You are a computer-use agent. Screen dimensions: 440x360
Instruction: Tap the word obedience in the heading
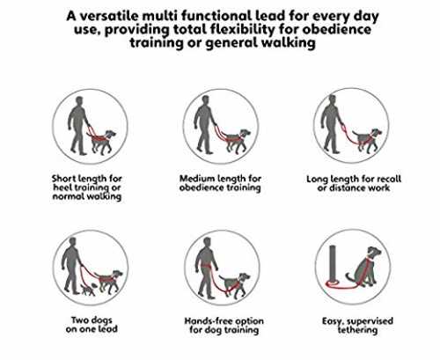(336, 29)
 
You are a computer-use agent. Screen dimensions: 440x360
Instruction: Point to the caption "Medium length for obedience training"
(220, 183)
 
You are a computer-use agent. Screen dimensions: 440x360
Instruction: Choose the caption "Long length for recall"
(354, 179)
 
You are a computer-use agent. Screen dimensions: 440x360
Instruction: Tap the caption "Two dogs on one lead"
(92, 324)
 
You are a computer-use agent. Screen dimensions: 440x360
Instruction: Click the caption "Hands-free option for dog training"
(224, 326)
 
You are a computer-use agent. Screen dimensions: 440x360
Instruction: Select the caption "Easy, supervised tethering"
(357, 326)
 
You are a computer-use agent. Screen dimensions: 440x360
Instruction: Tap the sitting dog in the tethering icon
(364, 268)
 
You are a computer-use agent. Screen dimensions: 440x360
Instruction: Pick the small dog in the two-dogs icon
(88, 290)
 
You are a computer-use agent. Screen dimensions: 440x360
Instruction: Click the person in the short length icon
(78, 126)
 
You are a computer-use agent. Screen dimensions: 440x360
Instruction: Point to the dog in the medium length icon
(238, 141)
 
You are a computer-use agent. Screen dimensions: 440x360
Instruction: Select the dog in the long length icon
(367, 140)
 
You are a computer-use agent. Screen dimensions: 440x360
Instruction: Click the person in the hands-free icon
(207, 268)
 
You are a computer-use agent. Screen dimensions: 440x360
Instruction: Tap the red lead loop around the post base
(332, 283)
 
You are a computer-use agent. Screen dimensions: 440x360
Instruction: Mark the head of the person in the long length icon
(332, 99)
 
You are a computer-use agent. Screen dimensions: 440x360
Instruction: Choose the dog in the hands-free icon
(235, 285)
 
